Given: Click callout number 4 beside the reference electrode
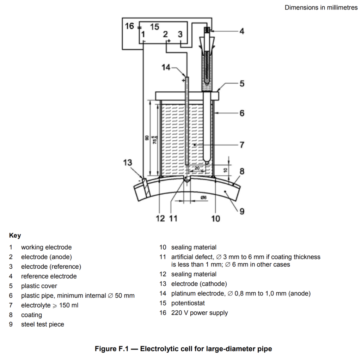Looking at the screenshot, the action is pos(242,31).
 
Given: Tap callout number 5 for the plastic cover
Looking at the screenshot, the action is pos(242,83).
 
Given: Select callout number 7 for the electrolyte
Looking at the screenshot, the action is pos(242,145).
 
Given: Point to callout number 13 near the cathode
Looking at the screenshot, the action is pos(128,163).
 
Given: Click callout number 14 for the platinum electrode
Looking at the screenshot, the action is pos(166,67).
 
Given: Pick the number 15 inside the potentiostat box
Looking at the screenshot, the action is pos(154,27).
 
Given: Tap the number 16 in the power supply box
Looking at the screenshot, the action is pos(129,26).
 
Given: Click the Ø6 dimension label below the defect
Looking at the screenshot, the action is pos(203,197).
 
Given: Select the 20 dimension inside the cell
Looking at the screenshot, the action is pos(197,168).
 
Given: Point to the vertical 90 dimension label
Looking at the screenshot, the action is pos(147,138).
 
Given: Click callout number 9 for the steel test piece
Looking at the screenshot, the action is pos(242,211).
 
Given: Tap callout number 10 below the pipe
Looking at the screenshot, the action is pos(216,218).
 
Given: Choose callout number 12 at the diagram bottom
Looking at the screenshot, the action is pos(160,218).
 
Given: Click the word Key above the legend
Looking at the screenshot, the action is pos(15,236).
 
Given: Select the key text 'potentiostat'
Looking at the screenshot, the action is pos(188,303).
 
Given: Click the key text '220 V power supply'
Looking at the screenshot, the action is pos(200,313).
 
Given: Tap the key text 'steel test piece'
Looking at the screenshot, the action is pos(43,324).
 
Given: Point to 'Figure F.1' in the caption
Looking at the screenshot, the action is pos(112,349).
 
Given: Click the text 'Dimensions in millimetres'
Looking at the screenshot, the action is pos(321,8).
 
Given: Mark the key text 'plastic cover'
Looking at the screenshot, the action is pos(39,286).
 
